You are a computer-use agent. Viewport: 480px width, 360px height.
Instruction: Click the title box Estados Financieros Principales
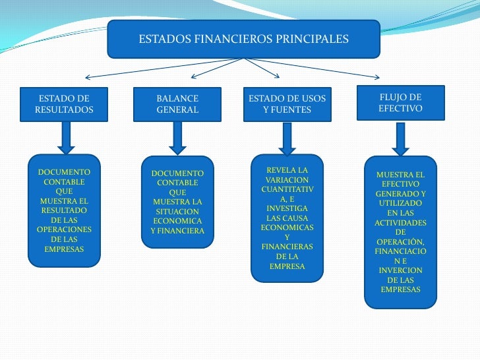pos(243,39)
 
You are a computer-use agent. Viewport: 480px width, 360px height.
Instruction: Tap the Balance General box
pos(177,104)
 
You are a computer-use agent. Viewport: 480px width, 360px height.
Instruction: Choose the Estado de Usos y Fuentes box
pos(287,104)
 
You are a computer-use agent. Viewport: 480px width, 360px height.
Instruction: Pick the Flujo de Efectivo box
pos(400,103)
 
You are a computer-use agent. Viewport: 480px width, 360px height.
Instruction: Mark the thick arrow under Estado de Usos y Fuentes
pos(287,138)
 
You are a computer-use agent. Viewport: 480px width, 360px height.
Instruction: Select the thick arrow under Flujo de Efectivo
pos(400,138)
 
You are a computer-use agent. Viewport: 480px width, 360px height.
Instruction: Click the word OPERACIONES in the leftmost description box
pos(64,229)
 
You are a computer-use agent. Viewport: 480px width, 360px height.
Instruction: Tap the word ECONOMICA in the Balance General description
pos(177,221)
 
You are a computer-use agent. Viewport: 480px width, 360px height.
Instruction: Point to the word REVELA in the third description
pos(287,170)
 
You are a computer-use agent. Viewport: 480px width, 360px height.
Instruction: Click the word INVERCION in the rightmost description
pos(400,270)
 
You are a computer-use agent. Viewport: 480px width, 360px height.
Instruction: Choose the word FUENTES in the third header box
pos(293,110)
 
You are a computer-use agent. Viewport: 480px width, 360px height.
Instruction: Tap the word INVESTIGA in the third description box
pos(287,208)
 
